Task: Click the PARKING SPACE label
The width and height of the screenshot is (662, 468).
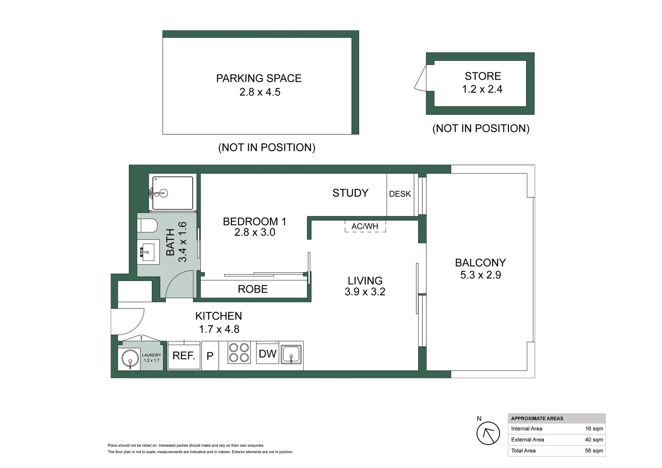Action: pos(259,78)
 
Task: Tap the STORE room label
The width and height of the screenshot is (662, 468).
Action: pos(483,76)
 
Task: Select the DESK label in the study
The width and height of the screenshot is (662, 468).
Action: pos(400,194)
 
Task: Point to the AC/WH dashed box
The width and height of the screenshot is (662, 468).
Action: pos(365,226)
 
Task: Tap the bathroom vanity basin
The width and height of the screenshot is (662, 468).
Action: pos(148,252)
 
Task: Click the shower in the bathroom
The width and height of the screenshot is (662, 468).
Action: pos(172,193)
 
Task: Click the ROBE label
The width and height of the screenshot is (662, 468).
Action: pos(253,289)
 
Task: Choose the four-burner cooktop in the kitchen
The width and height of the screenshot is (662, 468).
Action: pos(239,352)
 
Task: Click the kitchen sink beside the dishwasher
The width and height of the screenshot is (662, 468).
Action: pos(291,354)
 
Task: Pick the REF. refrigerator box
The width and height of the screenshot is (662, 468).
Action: pos(184,355)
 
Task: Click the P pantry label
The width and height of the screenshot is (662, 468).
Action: pos(210,356)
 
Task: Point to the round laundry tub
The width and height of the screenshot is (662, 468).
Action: pos(130,359)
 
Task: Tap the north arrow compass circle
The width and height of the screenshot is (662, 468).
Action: pos(488,433)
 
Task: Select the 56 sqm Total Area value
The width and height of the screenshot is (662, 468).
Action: pos(594,451)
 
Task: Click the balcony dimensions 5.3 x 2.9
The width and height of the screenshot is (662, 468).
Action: pos(480,275)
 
